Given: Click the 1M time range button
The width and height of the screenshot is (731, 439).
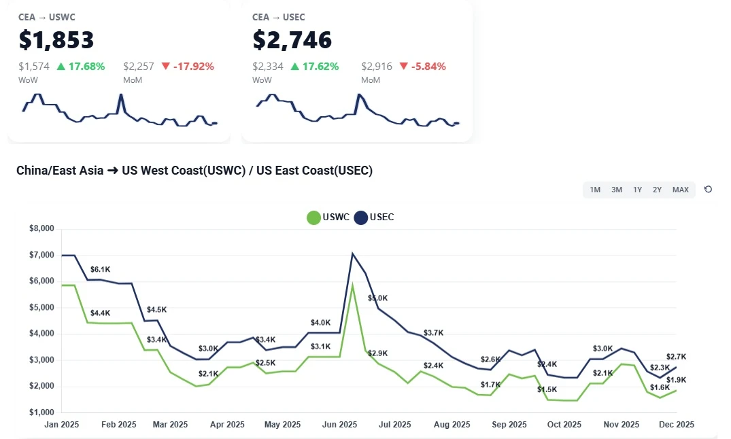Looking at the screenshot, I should point(595,190).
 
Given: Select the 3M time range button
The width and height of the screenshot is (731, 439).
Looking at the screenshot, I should point(617,190).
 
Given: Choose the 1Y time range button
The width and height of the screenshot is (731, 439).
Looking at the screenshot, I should point(638,190).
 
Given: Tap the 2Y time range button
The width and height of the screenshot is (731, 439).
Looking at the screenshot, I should point(658,190).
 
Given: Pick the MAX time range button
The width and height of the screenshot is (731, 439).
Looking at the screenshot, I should point(681,190).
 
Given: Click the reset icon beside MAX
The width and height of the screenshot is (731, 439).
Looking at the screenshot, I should point(708,190).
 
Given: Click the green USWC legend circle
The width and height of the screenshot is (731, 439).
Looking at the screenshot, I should point(313,217).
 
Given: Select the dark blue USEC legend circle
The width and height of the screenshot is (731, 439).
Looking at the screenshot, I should point(360,217).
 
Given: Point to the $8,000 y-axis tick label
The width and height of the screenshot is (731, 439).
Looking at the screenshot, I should point(41,229).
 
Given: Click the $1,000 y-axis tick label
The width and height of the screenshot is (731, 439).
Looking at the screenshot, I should point(41,412).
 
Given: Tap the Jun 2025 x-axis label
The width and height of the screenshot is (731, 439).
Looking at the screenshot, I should point(339,425).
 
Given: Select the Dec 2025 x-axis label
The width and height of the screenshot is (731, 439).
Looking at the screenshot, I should point(676,425).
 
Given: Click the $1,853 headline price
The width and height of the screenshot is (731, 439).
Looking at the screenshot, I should point(56,40).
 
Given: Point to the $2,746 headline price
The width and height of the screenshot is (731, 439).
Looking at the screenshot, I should point(292,40).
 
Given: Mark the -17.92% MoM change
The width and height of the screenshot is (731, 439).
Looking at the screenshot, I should point(193,67).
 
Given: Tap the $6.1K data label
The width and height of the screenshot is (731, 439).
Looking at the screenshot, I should point(100,270).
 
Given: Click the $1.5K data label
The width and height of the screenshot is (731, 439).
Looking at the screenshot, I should point(547,389).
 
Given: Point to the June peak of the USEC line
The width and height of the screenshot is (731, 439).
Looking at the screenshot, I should point(352,253).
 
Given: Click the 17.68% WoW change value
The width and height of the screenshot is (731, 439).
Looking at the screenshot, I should point(86,67).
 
